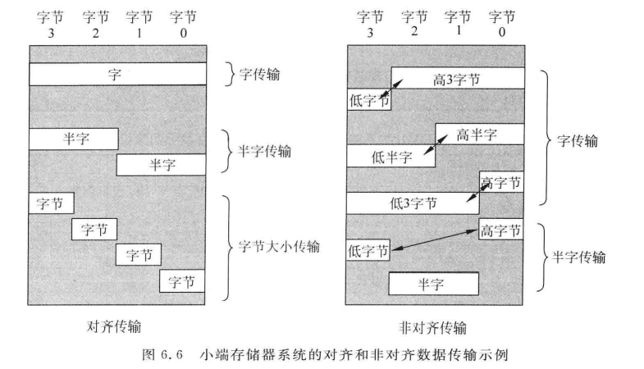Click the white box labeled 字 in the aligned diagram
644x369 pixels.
tap(117, 74)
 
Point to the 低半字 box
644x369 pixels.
tap(391, 156)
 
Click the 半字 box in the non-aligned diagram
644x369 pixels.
tap(433, 283)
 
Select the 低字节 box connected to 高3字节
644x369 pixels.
tap(368, 100)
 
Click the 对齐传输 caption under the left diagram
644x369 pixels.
tap(116, 326)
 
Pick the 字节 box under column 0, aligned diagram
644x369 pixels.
tap(182, 281)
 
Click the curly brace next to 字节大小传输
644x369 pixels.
tap(229, 244)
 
